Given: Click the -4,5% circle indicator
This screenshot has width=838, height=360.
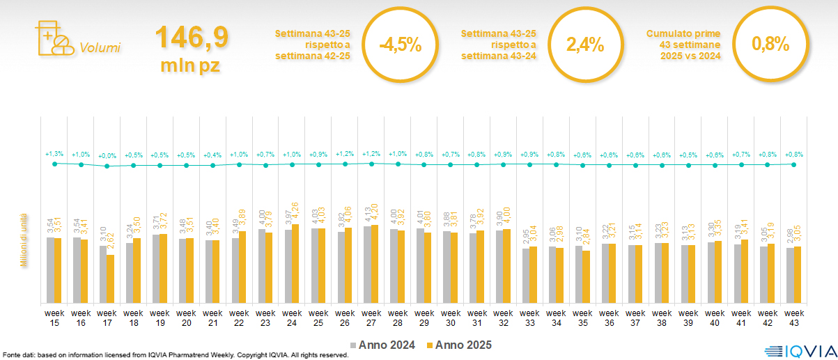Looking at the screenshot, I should click(x=400, y=45).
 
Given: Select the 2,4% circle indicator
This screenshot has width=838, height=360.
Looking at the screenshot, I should click(x=585, y=45).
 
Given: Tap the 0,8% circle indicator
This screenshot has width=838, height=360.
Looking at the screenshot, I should click(x=770, y=45).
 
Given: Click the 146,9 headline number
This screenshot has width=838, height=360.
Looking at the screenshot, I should click(x=191, y=38).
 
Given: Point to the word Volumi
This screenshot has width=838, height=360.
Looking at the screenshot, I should click(x=100, y=48).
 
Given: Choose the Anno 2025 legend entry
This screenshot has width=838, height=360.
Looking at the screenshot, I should click(x=459, y=345).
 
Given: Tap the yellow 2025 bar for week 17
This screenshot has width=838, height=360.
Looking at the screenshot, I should click(x=110, y=279).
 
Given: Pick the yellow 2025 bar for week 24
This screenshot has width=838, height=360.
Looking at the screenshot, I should click(x=295, y=263).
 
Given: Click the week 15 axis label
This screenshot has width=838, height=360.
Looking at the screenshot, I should click(x=54, y=318).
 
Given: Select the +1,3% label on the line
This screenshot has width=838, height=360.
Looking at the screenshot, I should click(x=54, y=153).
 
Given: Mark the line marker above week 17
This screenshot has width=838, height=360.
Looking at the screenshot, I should click(x=107, y=166).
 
